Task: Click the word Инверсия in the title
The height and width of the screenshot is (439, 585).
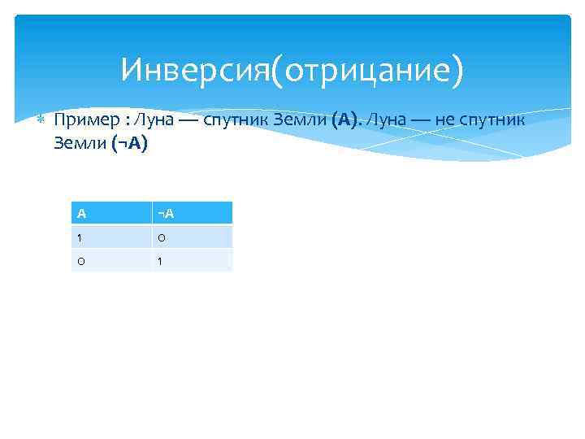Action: pos(194,71)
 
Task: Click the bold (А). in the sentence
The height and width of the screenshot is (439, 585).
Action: pos(346,120)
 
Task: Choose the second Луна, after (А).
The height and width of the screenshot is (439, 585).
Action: pos(385,120)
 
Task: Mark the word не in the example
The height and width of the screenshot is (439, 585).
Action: pos(446,120)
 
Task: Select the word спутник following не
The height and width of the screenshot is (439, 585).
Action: pos(495,120)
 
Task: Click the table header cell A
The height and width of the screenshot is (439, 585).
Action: pos(112,213)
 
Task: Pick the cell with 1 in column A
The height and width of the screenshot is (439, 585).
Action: pos(112,237)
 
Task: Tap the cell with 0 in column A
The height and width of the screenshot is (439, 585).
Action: pos(112,260)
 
